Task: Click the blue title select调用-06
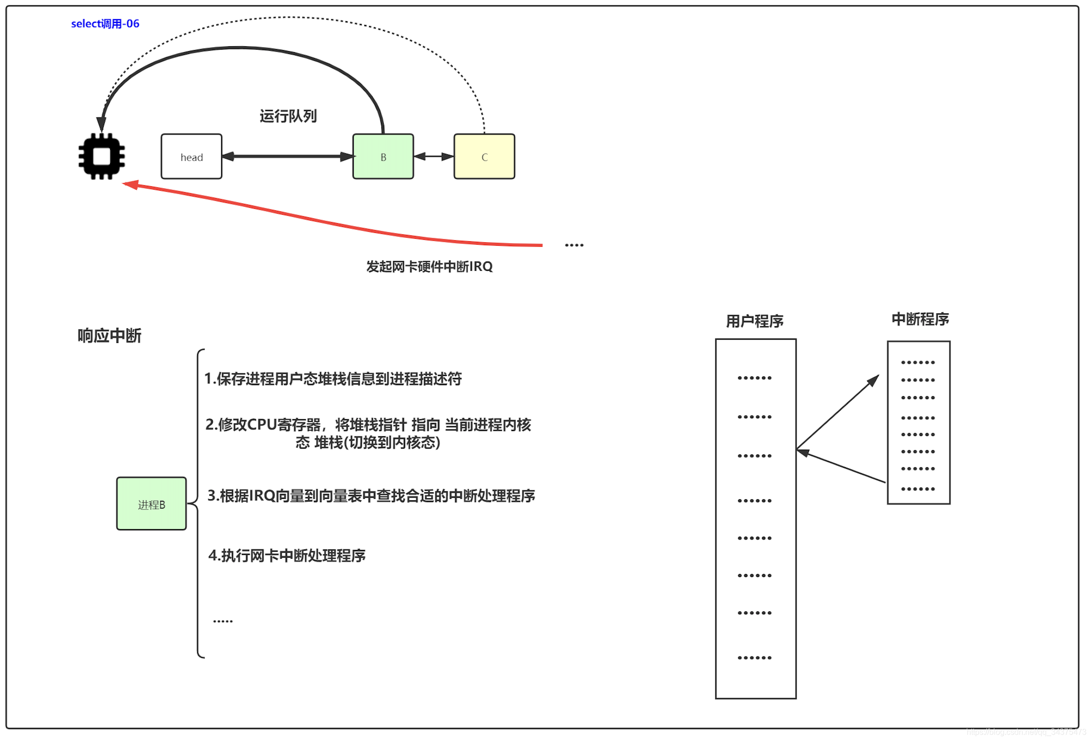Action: pyautogui.click(x=105, y=24)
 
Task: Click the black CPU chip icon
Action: pyautogui.click(x=102, y=157)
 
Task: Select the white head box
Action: pyautogui.click(x=191, y=157)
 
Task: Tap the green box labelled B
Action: pyautogui.click(x=383, y=157)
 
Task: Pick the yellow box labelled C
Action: pyautogui.click(x=484, y=157)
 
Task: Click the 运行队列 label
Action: pyautogui.click(x=288, y=116)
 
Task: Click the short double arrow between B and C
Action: pyautogui.click(x=433, y=157)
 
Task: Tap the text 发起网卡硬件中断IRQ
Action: pyautogui.click(x=429, y=267)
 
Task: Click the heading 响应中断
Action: pyautogui.click(x=109, y=336)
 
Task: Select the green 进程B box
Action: pyautogui.click(x=151, y=504)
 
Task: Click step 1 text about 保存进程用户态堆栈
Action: pyautogui.click(x=333, y=379)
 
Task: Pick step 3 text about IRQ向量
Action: pyautogui.click(x=371, y=496)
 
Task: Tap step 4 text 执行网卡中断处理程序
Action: pyautogui.click(x=287, y=556)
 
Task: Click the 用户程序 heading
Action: pyautogui.click(x=754, y=321)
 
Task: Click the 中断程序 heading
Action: pyautogui.click(x=920, y=319)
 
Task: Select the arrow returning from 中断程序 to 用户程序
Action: pyautogui.click(x=841, y=466)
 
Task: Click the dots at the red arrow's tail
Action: pyautogui.click(x=574, y=245)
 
